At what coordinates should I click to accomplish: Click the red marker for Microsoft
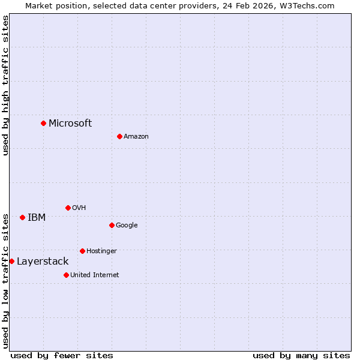[43, 123]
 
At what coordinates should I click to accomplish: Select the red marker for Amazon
[119, 136]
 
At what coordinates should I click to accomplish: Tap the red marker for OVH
[68, 208]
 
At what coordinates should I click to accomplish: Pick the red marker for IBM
[22, 217]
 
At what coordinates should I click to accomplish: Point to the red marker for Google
[112, 225]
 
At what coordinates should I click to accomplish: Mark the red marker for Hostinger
[82, 251]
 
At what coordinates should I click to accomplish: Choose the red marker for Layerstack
[11, 261]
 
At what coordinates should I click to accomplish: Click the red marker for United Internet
[66, 275]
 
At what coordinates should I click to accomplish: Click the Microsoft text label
[70, 123]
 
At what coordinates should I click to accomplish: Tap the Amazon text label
[136, 136]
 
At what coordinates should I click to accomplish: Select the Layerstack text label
[43, 261]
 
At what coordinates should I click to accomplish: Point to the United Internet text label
[95, 275]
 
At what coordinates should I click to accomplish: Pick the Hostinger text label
[101, 251]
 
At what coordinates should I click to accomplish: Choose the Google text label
[127, 225]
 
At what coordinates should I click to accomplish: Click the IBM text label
[37, 217]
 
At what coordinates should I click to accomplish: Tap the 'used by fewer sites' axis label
[62, 355]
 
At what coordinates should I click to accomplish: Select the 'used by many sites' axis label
[301, 355]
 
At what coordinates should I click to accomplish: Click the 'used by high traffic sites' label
[5, 86]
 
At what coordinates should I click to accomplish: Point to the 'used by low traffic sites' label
[5, 281]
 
